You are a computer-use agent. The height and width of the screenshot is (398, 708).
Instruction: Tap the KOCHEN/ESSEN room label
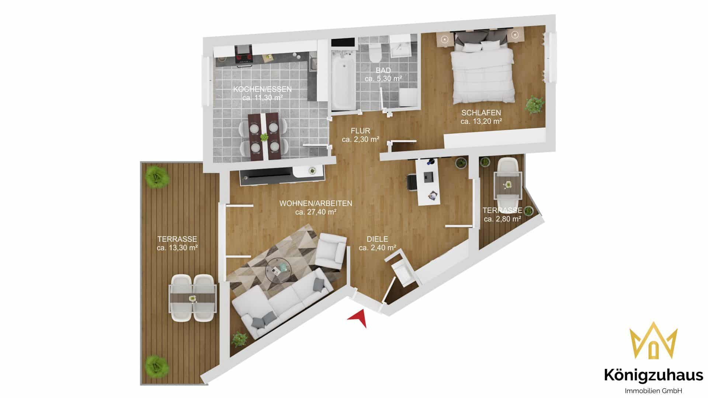[x=263, y=89]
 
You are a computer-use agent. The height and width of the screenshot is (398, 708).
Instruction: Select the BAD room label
[x=383, y=70]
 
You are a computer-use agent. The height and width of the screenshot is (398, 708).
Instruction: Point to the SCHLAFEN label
[x=481, y=112]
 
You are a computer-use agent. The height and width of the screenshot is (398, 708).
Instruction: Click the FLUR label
[x=360, y=131]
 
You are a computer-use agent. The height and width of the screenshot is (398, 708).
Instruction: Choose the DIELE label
[x=377, y=239]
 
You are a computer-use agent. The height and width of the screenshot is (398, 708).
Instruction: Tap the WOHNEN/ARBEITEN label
[x=316, y=203]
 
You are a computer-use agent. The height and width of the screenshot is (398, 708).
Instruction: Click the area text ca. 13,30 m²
[x=177, y=248]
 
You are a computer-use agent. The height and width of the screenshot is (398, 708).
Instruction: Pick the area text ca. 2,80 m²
[x=502, y=219]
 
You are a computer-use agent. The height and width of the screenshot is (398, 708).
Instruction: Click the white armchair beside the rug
[x=331, y=251]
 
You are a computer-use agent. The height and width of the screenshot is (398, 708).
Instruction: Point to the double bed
[x=482, y=72]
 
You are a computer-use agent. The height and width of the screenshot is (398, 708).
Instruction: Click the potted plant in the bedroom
[x=535, y=104]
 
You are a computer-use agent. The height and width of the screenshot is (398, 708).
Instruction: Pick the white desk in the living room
[x=428, y=181]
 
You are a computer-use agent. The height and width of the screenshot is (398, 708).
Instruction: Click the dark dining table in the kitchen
[x=264, y=136]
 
